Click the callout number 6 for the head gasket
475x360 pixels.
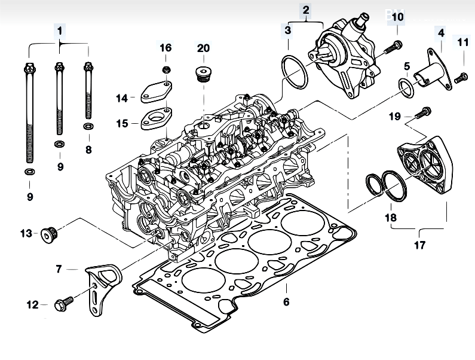[x=286, y=302]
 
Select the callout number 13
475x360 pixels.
[x=26, y=233]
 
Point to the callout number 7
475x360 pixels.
[x=59, y=269]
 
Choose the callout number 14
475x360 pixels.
[x=122, y=97]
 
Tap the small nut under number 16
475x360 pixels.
[x=166, y=66]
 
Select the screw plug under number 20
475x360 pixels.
[x=204, y=74]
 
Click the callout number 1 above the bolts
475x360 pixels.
[x=60, y=29]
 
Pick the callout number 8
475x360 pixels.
[x=88, y=150]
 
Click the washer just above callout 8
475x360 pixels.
[x=88, y=127]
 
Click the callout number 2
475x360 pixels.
[x=306, y=10]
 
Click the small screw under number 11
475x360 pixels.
[x=461, y=77]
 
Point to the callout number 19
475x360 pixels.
[x=394, y=116]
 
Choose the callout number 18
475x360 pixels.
[x=390, y=218]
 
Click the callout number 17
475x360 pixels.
[x=420, y=245]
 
